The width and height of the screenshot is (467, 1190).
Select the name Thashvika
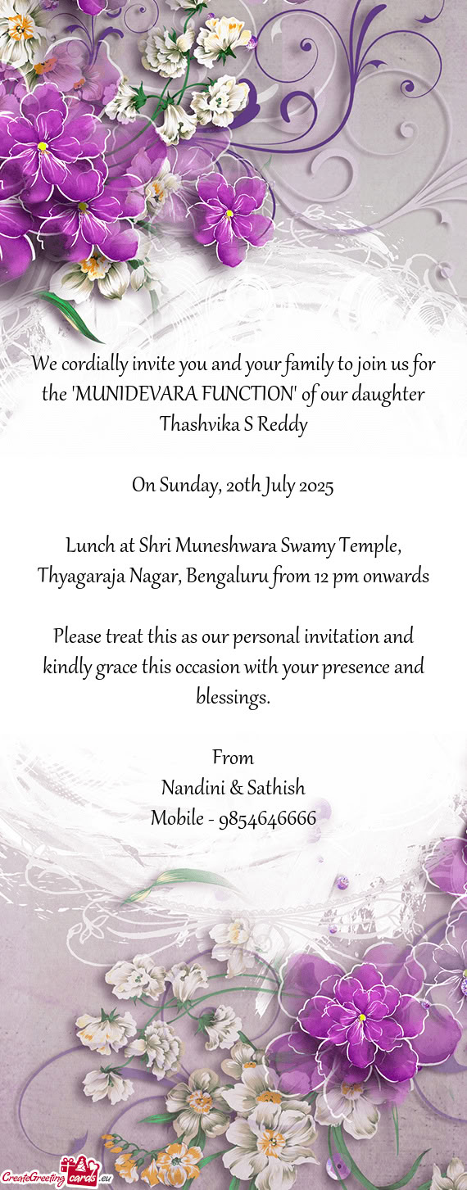(x=195, y=426)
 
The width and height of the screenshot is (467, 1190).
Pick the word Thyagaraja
(x=80, y=577)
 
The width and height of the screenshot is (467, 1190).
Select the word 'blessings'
(x=233, y=698)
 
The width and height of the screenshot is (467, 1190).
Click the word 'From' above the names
(x=233, y=758)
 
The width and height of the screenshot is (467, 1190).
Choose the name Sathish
(x=277, y=788)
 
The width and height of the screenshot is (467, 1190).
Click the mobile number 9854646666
(x=267, y=818)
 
